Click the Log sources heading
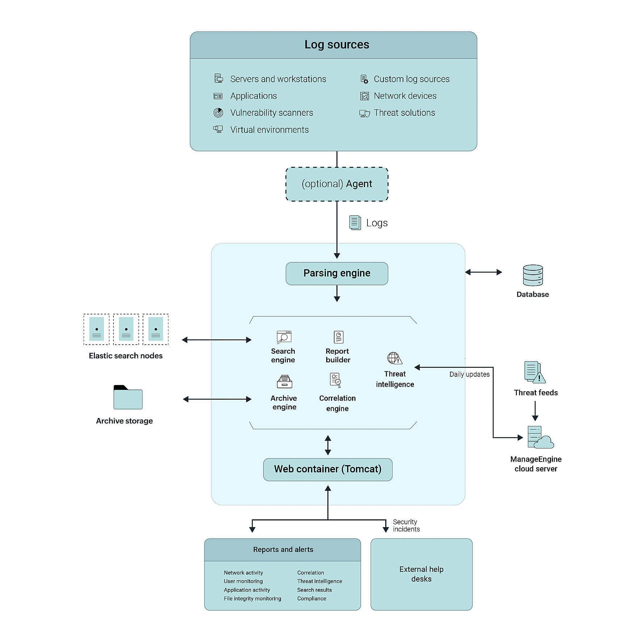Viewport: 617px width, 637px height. pos(337,45)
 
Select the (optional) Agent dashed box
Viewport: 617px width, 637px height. pos(337,184)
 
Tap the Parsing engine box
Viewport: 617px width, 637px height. pos(337,273)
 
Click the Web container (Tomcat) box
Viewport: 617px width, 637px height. pos(328,469)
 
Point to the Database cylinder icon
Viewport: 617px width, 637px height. pos(533,275)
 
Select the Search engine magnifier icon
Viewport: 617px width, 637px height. pos(284,337)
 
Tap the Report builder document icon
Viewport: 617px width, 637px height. pos(338,337)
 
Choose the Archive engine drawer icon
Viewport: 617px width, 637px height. pos(284,382)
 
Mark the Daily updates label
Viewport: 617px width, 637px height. pos(469,374)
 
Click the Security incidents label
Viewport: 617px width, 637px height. pos(406,526)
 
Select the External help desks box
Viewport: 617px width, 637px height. pos(421,574)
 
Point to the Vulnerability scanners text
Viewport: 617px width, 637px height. pos(272,113)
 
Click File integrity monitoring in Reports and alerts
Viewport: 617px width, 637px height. pos(252,599)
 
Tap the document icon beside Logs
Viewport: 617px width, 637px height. pos(355,223)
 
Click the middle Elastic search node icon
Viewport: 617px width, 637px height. pos(126,329)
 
